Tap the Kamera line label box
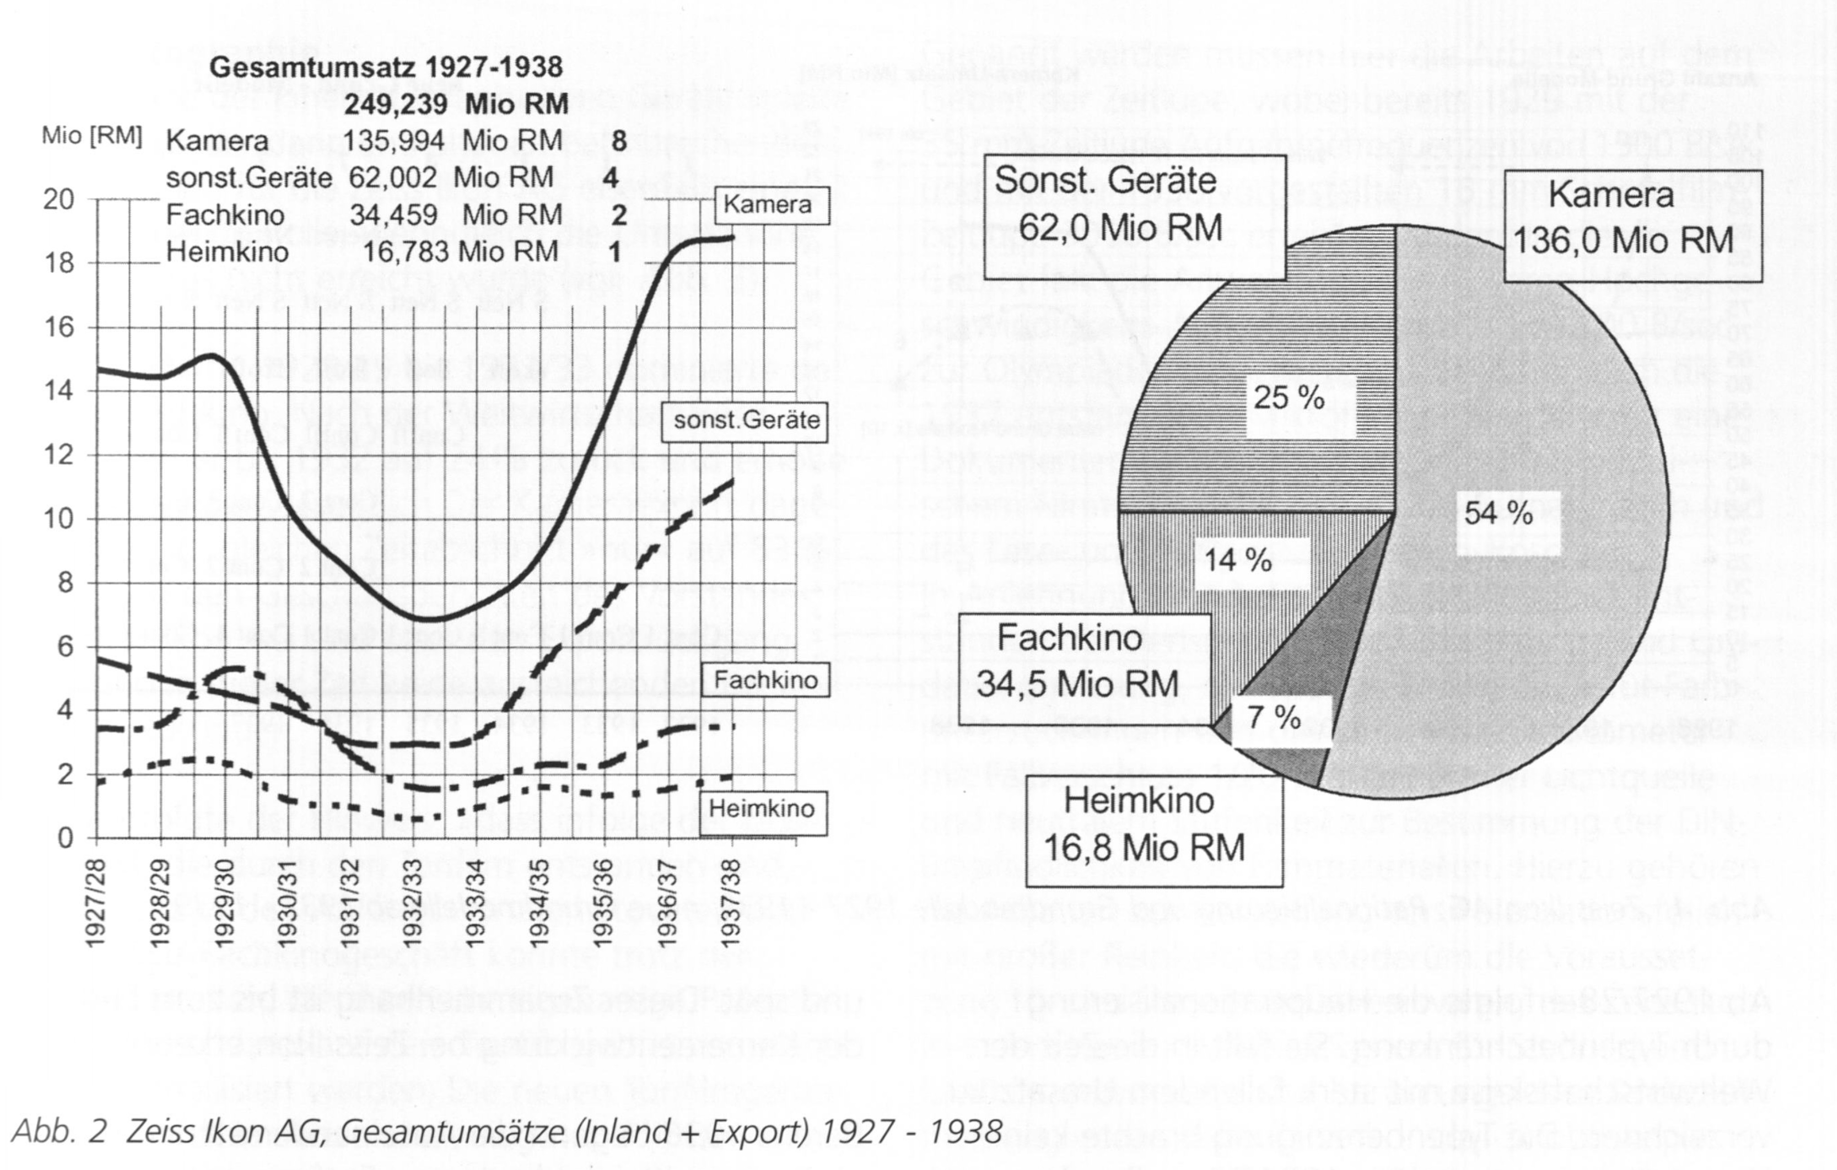click(771, 205)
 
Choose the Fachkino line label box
click(765, 680)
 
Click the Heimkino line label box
click(761, 808)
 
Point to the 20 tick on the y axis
click(59, 200)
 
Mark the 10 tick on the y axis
click(59, 519)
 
